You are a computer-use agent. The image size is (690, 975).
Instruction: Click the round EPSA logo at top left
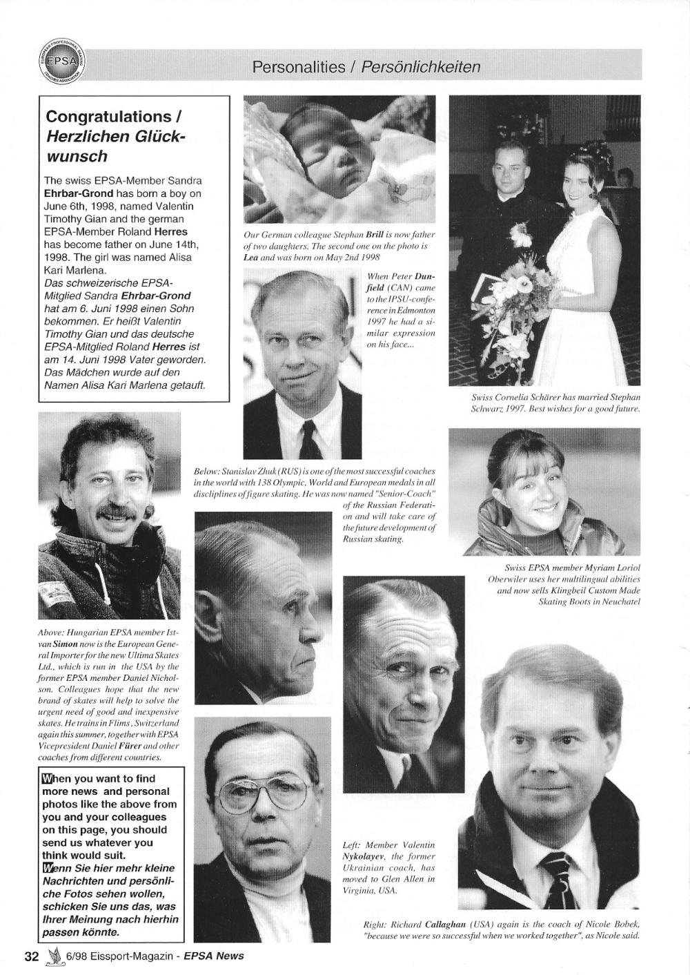click(x=63, y=63)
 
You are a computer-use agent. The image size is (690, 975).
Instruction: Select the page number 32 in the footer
click(x=31, y=956)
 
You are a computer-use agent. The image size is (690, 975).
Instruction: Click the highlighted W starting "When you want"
click(x=47, y=779)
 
